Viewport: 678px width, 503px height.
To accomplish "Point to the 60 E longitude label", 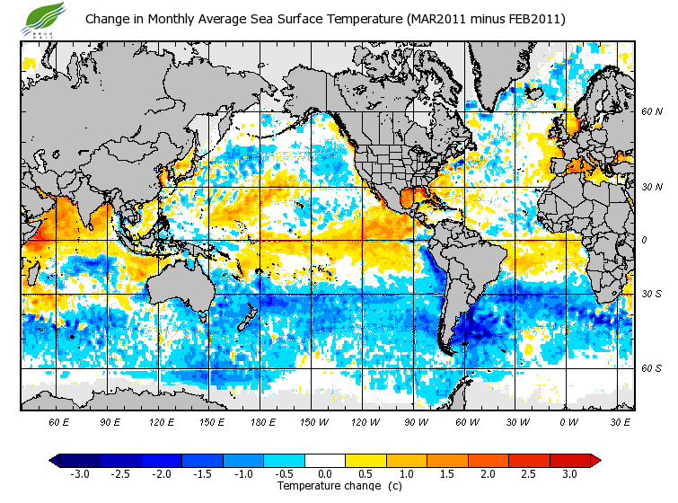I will [60, 421].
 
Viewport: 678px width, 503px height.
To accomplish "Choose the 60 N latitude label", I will [652, 111].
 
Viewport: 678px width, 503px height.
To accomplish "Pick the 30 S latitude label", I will [652, 294].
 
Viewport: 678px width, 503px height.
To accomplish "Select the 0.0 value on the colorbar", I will [325, 473].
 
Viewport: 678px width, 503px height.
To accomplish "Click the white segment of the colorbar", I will [325, 460].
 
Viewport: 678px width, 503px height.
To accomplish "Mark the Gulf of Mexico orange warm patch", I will [411, 197].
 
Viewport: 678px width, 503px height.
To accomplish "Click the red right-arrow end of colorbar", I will [595, 460].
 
